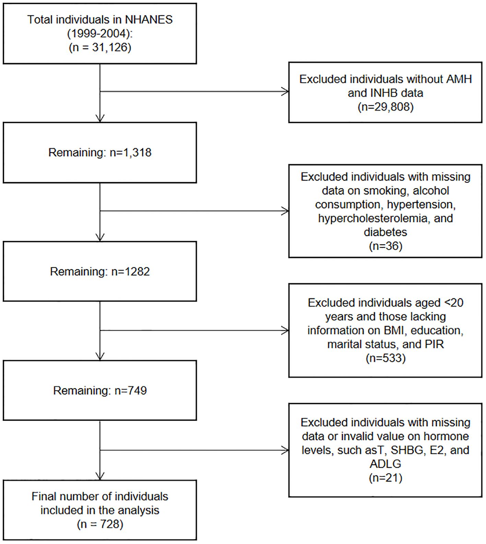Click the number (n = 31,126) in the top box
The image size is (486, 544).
point(100,47)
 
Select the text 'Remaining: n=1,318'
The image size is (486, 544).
point(100,152)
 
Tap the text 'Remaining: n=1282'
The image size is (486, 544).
point(100,271)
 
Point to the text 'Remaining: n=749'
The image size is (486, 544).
point(100,390)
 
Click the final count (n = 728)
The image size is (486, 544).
point(100,524)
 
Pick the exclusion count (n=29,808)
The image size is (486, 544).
point(386,107)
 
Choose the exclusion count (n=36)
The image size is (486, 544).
point(386,246)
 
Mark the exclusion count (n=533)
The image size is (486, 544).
point(386,358)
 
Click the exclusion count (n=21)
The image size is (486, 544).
point(386,478)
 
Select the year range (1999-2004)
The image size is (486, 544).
point(100,33)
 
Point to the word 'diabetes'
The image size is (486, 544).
point(386,232)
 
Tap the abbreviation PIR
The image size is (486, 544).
point(435,344)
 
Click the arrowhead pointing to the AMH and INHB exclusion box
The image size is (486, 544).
point(285,92)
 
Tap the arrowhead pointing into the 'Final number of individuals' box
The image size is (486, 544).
point(100,476)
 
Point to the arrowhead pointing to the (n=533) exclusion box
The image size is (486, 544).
point(285,331)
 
